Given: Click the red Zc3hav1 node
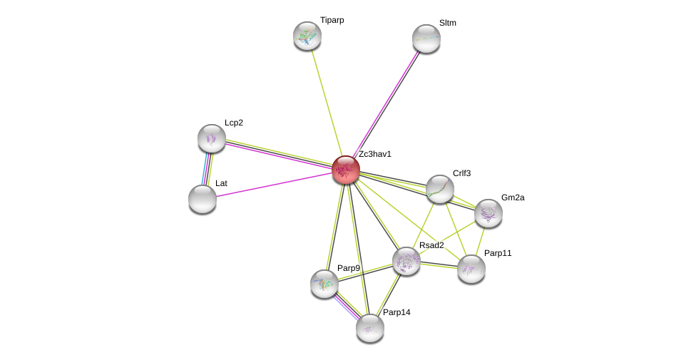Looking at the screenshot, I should click(x=346, y=170).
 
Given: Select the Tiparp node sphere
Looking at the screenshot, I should click(x=307, y=36).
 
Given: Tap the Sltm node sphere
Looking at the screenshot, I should click(x=426, y=38).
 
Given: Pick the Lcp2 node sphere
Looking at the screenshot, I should click(x=212, y=138).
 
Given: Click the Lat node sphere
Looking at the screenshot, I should click(x=203, y=199).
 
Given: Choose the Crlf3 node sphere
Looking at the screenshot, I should click(x=440, y=189).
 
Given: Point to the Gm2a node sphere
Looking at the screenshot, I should click(x=488, y=213).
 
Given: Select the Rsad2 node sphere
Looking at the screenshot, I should click(x=406, y=261).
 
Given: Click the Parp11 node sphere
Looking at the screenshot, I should click(x=471, y=269).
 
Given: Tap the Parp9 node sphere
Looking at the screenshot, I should click(x=324, y=284).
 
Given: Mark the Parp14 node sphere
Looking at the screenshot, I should click(x=370, y=328).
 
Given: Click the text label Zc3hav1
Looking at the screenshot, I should click(x=374, y=154).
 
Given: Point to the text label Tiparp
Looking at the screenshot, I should click(x=332, y=20).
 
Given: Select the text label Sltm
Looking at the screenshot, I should click(x=447, y=23).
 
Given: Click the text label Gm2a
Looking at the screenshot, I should click(x=512, y=197).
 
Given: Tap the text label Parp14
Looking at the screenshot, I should click(x=396, y=312).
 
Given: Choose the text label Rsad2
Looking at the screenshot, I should click(x=431, y=245).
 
